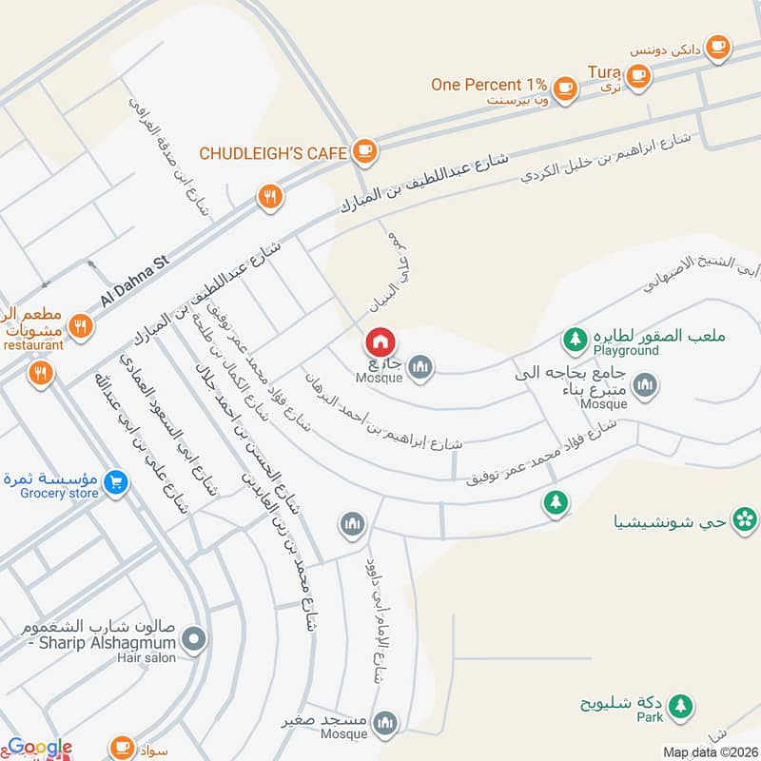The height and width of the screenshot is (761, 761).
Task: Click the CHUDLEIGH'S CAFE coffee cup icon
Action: coord(363,150)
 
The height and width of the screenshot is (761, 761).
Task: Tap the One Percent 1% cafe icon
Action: coord(566,87)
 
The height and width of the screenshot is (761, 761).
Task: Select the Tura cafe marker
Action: coord(637,73)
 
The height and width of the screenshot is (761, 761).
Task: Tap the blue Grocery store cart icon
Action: coord(116,482)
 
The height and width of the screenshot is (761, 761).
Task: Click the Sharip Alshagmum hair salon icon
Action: coord(195,640)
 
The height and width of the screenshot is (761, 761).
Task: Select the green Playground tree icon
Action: coord(574,338)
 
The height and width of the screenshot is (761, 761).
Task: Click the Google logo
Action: coord(40,748)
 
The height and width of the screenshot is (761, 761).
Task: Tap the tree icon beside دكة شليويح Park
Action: coord(679,705)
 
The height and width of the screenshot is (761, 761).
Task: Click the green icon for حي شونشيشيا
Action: coord(747,519)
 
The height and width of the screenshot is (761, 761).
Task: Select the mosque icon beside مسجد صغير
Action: coord(385,723)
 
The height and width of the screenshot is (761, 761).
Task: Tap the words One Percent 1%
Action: coord(488,85)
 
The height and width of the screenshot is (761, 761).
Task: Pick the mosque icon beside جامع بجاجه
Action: coord(645,384)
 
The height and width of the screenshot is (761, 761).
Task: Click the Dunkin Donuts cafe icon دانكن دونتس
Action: coord(718,45)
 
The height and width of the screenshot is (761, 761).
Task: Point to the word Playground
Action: coord(626,351)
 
